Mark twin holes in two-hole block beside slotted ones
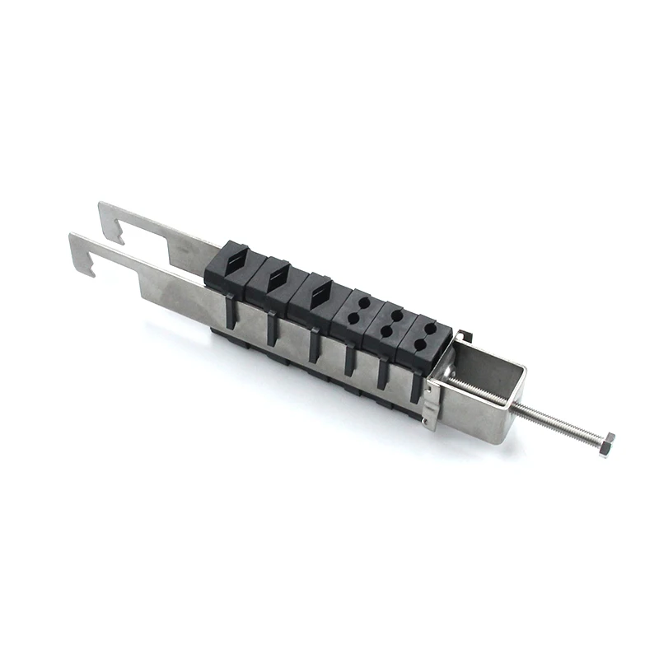tap(356, 307)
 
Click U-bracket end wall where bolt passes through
tap(514, 412)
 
